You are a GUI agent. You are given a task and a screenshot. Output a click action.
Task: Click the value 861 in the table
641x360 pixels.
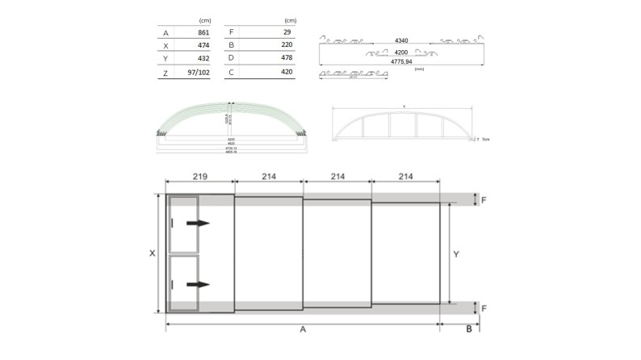(203, 32)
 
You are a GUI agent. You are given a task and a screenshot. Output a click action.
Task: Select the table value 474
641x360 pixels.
(203, 46)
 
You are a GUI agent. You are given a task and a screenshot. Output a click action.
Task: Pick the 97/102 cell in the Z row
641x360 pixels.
(199, 73)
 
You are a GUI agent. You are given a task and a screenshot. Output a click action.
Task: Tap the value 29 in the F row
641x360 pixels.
(287, 32)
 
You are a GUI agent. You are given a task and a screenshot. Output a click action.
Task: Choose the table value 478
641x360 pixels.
(286, 59)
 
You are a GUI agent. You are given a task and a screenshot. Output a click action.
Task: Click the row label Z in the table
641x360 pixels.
(165, 73)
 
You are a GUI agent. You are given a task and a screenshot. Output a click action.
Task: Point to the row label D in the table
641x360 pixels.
(231, 59)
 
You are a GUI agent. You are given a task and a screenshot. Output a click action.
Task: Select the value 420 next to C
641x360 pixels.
(286, 73)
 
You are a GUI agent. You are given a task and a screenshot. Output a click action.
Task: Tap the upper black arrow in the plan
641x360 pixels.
(197, 224)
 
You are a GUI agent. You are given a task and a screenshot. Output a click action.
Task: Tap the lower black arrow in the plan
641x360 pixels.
(197, 284)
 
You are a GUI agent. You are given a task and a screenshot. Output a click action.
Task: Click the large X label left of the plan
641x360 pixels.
(151, 253)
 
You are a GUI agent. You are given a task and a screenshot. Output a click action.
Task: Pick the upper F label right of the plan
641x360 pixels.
(484, 199)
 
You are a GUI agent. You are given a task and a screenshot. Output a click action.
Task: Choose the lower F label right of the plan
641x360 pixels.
(484, 308)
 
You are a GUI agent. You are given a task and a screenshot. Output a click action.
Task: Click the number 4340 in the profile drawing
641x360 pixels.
(401, 39)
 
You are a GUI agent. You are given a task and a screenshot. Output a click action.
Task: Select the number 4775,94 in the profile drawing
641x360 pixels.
(401, 61)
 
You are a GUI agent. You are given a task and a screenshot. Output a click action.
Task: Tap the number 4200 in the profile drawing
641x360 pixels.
(401, 51)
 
